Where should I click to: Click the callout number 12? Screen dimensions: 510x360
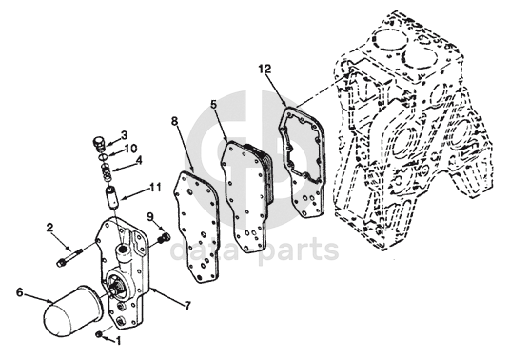tap(265, 69)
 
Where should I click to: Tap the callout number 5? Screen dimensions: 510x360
tap(213, 104)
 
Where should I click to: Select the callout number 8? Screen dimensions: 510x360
tap(175, 121)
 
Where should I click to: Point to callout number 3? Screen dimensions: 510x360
tap(124, 135)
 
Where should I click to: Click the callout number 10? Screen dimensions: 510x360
tap(130, 149)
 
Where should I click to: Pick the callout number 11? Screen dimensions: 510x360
tap(155, 188)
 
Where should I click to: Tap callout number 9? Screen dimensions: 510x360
tap(150, 216)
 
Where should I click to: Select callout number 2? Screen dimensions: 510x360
tap(49, 228)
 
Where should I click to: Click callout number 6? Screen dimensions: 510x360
tap(20, 292)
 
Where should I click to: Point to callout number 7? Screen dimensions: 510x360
tap(186, 306)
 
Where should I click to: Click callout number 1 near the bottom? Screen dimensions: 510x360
tap(118, 341)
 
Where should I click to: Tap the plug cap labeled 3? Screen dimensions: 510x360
tap(99, 144)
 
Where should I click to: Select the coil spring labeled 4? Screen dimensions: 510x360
tap(107, 172)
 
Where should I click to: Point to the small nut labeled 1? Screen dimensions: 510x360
tap(100, 334)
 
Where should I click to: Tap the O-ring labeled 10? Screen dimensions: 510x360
tap(104, 156)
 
